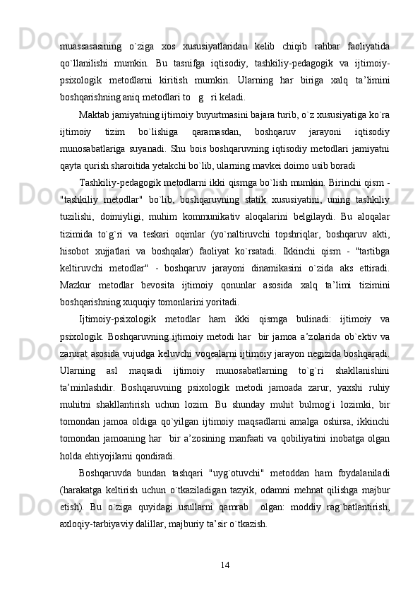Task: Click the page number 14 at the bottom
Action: click(225, 543)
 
